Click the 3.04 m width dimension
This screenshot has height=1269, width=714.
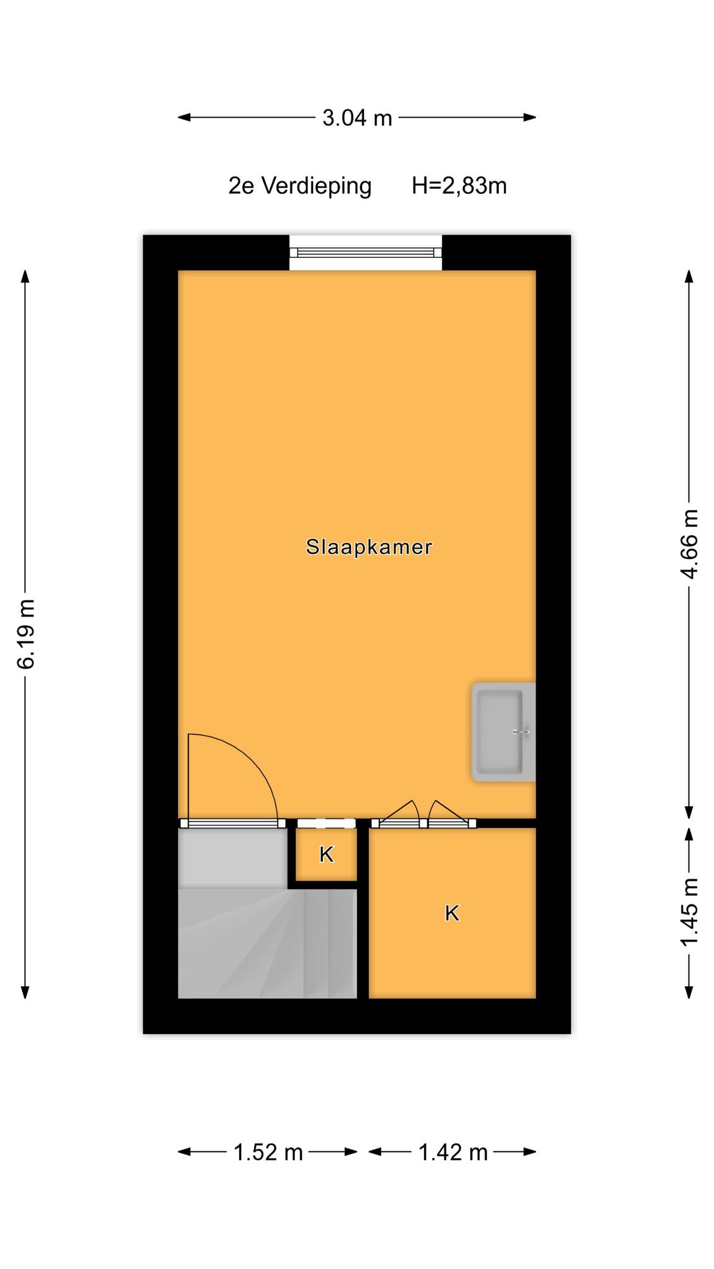click(357, 117)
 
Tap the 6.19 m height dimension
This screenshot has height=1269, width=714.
click(26, 634)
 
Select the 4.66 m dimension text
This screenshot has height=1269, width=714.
click(689, 543)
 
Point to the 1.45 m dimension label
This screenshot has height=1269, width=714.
click(689, 911)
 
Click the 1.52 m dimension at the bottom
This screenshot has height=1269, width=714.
click(268, 1153)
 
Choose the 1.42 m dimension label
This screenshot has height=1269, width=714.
click(453, 1153)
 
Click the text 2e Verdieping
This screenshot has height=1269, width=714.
click(300, 186)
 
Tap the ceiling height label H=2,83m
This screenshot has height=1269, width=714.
click(459, 186)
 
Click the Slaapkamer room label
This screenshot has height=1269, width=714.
click(369, 547)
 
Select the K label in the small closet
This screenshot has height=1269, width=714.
click(327, 854)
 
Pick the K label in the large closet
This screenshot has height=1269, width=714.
click(452, 913)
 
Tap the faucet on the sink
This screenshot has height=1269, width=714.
click(522, 732)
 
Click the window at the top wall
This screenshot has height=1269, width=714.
click(366, 252)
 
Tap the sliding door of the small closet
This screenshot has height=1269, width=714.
click(326, 823)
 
